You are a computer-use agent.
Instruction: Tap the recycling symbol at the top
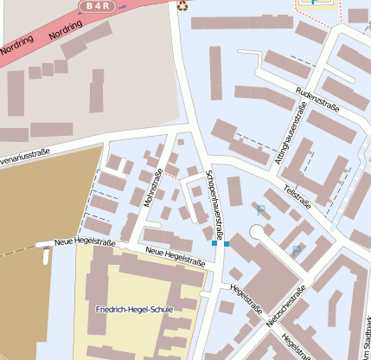tap(182, 5)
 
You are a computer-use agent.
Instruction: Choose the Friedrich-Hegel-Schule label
tap(135, 309)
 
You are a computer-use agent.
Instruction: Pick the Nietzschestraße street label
tap(286, 308)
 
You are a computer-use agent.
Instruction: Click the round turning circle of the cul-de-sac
tap(257, 232)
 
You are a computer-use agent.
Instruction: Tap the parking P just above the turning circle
tap(260, 209)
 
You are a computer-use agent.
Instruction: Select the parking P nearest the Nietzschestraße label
tap(297, 250)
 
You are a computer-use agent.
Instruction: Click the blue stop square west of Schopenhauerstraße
tap(214, 244)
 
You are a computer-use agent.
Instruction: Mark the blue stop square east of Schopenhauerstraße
tap(227, 244)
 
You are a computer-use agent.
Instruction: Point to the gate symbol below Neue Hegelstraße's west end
tap(45, 256)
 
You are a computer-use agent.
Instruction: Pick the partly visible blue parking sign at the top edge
tap(313, 3)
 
